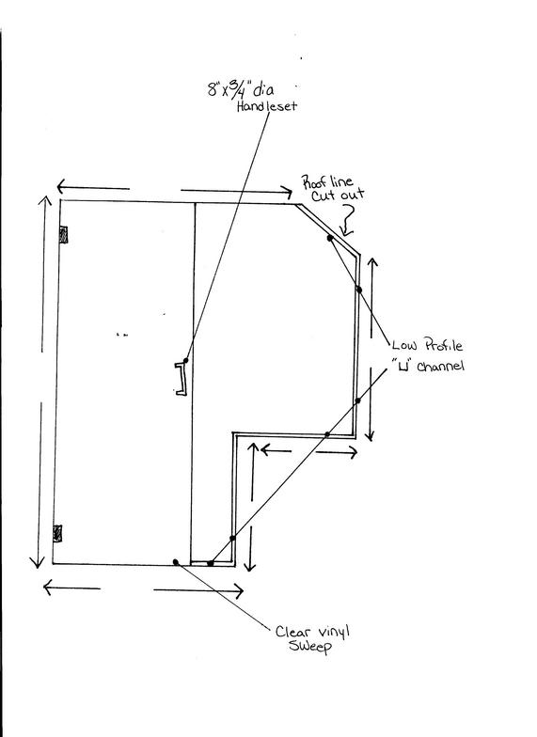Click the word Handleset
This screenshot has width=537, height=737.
(267, 105)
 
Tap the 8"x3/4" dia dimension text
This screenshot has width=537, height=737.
(241, 89)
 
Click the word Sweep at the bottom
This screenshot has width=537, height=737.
(310, 647)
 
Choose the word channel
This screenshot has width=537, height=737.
(440, 366)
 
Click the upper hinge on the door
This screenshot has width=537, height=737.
(64, 235)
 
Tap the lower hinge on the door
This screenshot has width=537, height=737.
(57, 534)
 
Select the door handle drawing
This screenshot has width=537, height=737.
(182, 378)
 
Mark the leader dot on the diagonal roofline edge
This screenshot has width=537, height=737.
(330, 238)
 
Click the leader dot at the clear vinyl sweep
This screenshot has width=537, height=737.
(176, 562)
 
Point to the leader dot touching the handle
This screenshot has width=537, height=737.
(186, 361)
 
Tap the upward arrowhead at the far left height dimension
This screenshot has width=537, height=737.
(45, 202)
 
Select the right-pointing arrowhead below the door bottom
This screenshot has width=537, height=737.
(238, 591)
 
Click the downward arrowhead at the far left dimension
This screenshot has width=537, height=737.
(38, 562)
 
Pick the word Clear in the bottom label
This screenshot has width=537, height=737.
(290, 632)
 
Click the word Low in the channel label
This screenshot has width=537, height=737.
(404, 346)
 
